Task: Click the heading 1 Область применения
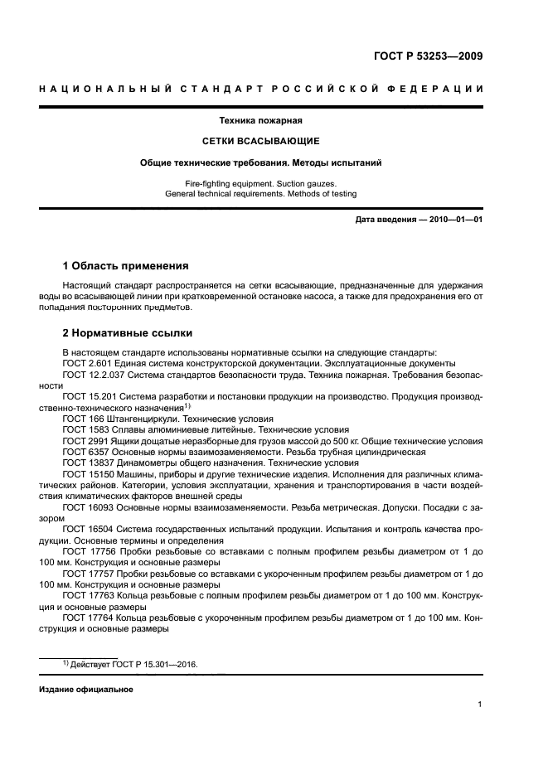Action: tap(126, 266)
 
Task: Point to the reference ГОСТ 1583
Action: tap(83, 431)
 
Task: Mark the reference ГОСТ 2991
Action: tap(83, 442)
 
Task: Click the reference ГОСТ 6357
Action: tap(83, 453)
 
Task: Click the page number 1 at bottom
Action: tap(480, 705)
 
